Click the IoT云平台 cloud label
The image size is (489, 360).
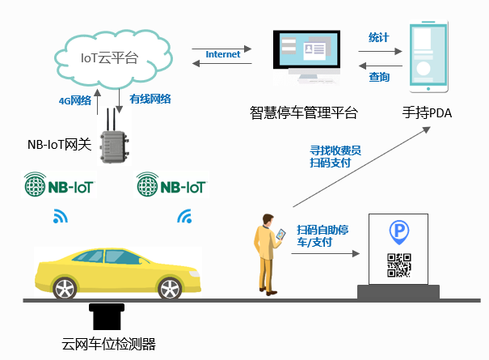point(109,57)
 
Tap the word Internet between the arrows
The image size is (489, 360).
point(223,54)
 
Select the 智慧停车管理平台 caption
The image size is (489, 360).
point(303,112)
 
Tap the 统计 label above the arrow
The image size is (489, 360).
point(379,38)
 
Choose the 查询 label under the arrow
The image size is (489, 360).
point(379,78)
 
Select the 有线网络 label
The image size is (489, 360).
point(150,98)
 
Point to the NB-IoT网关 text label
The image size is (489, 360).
point(58,146)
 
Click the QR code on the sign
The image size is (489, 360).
point(399,265)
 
